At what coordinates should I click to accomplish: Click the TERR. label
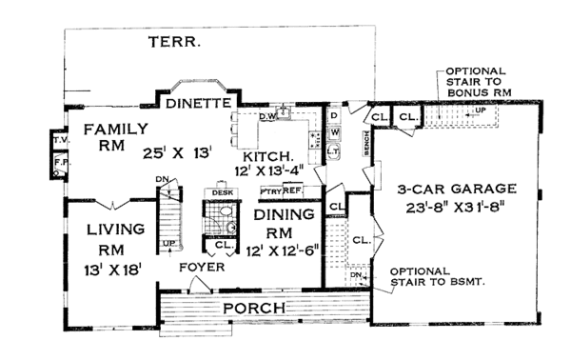[175, 42]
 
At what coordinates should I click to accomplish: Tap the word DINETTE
[195, 103]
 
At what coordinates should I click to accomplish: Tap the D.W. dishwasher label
[268, 116]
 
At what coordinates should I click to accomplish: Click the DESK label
[223, 192]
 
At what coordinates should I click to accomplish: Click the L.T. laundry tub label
[334, 150]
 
